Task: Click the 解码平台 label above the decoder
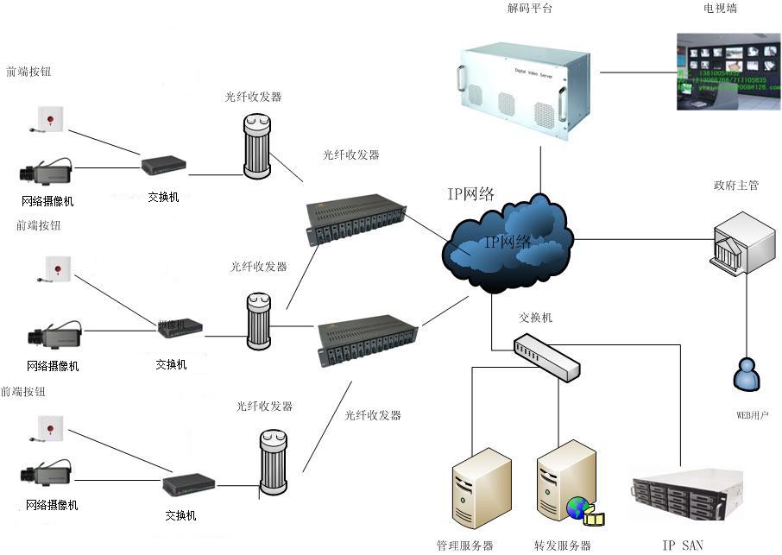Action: tap(530, 9)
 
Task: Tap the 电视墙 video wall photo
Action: tap(728, 71)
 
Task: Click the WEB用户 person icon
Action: tap(746, 374)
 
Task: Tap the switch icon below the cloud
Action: tap(546, 357)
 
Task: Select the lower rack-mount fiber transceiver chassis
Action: tap(367, 344)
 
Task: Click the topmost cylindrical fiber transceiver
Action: tap(256, 147)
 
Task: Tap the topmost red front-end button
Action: tap(51, 118)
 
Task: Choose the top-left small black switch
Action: tap(163, 165)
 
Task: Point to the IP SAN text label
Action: tap(683, 545)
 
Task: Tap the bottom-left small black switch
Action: tap(188, 485)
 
